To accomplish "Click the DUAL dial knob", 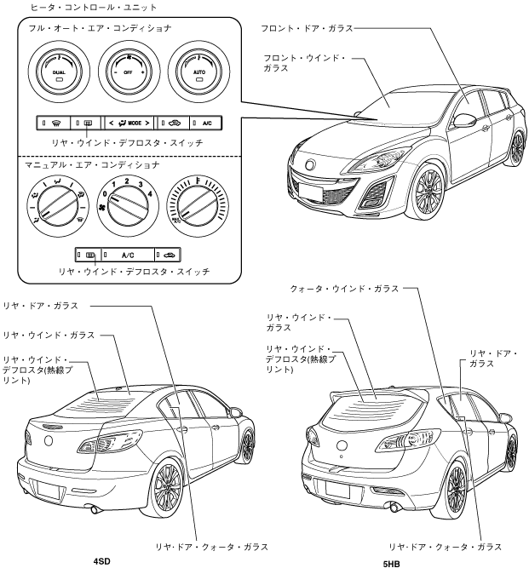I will pyautogui.click(x=58, y=73).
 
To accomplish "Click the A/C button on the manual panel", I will pyautogui.click(x=128, y=254).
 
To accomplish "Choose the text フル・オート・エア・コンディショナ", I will pyautogui.click(x=82, y=28).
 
